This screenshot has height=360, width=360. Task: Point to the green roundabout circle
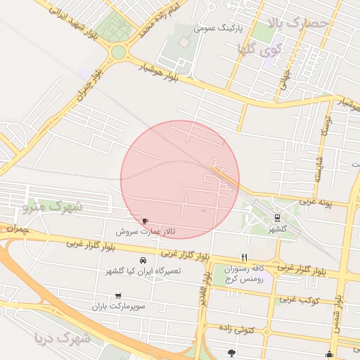tap(118, 51)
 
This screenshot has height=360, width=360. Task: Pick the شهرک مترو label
tap(53, 207)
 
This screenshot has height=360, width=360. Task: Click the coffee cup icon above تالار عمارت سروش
tap(146, 221)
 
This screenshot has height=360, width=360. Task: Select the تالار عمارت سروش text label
tap(146, 231)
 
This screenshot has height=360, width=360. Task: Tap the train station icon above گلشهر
tap(278, 218)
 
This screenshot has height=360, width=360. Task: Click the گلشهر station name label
tap(278, 229)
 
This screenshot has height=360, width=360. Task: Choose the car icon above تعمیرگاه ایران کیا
tap(144, 260)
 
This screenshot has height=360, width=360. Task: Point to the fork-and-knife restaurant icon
tap(244, 257)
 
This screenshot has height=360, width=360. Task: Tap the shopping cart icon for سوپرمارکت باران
tap(118, 296)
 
